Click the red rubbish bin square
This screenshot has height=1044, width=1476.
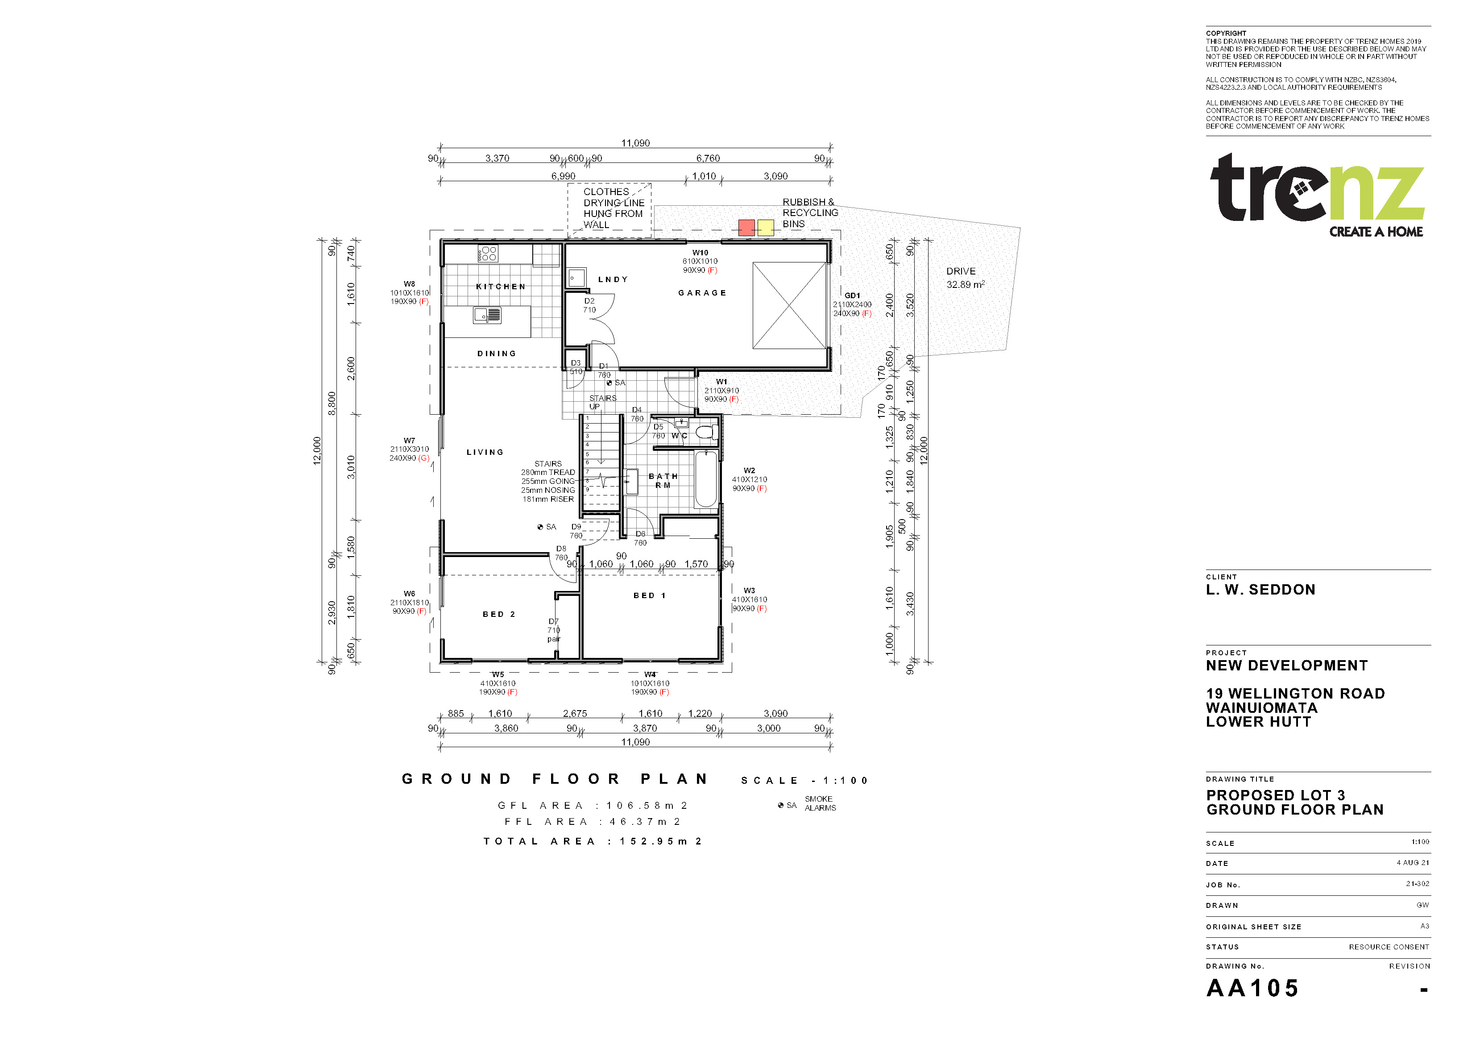(x=746, y=228)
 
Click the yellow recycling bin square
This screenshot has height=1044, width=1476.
(x=766, y=228)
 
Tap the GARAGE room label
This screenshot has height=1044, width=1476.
(x=702, y=293)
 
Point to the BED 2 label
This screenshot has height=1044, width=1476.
(x=499, y=614)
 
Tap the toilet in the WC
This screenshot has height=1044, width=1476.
(x=706, y=432)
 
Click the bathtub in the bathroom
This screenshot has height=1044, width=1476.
(x=706, y=479)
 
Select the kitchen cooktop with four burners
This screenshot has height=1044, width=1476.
(x=487, y=254)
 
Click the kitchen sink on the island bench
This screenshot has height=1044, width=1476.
(x=487, y=315)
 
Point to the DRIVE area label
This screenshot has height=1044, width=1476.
(x=961, y=271)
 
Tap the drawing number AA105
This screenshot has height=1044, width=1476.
(x=1252, y=989)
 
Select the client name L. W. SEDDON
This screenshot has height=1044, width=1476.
(x=1260, y=590)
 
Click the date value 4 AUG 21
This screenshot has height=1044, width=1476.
(x=1413, y=863)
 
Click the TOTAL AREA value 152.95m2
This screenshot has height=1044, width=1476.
(x=662, y=841)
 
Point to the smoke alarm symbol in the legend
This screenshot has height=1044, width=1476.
(x=780, y=805)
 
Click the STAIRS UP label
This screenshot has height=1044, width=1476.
(x=603, y=403)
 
